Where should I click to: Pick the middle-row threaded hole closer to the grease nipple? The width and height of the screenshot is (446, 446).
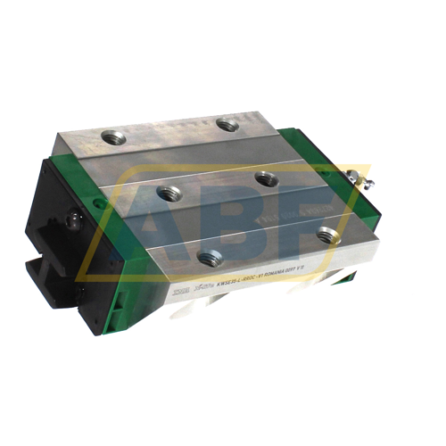click(x=264, y=178)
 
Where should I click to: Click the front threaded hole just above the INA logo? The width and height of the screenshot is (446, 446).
click(x=210, y=259)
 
